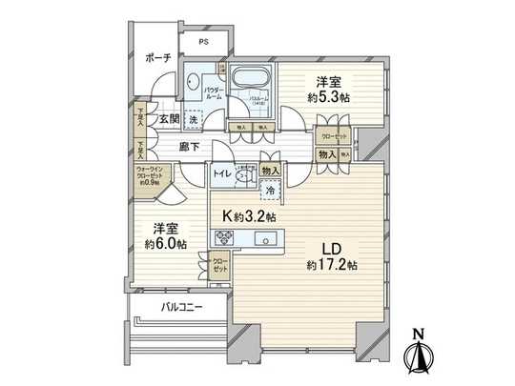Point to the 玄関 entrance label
pyautogui.click(x=170, y=119)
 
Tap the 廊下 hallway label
pyautogui.click(x=188, y=147)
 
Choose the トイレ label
pyautogui.click(x=220, y=175)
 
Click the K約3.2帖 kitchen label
pyautogui.click(x=249, y=217)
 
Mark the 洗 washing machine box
pyautogui.click(x=193, y=120)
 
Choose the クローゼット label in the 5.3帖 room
pyautogui.click(x=334, y=135)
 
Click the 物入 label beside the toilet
pyautogui.click(x=271, y=171)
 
